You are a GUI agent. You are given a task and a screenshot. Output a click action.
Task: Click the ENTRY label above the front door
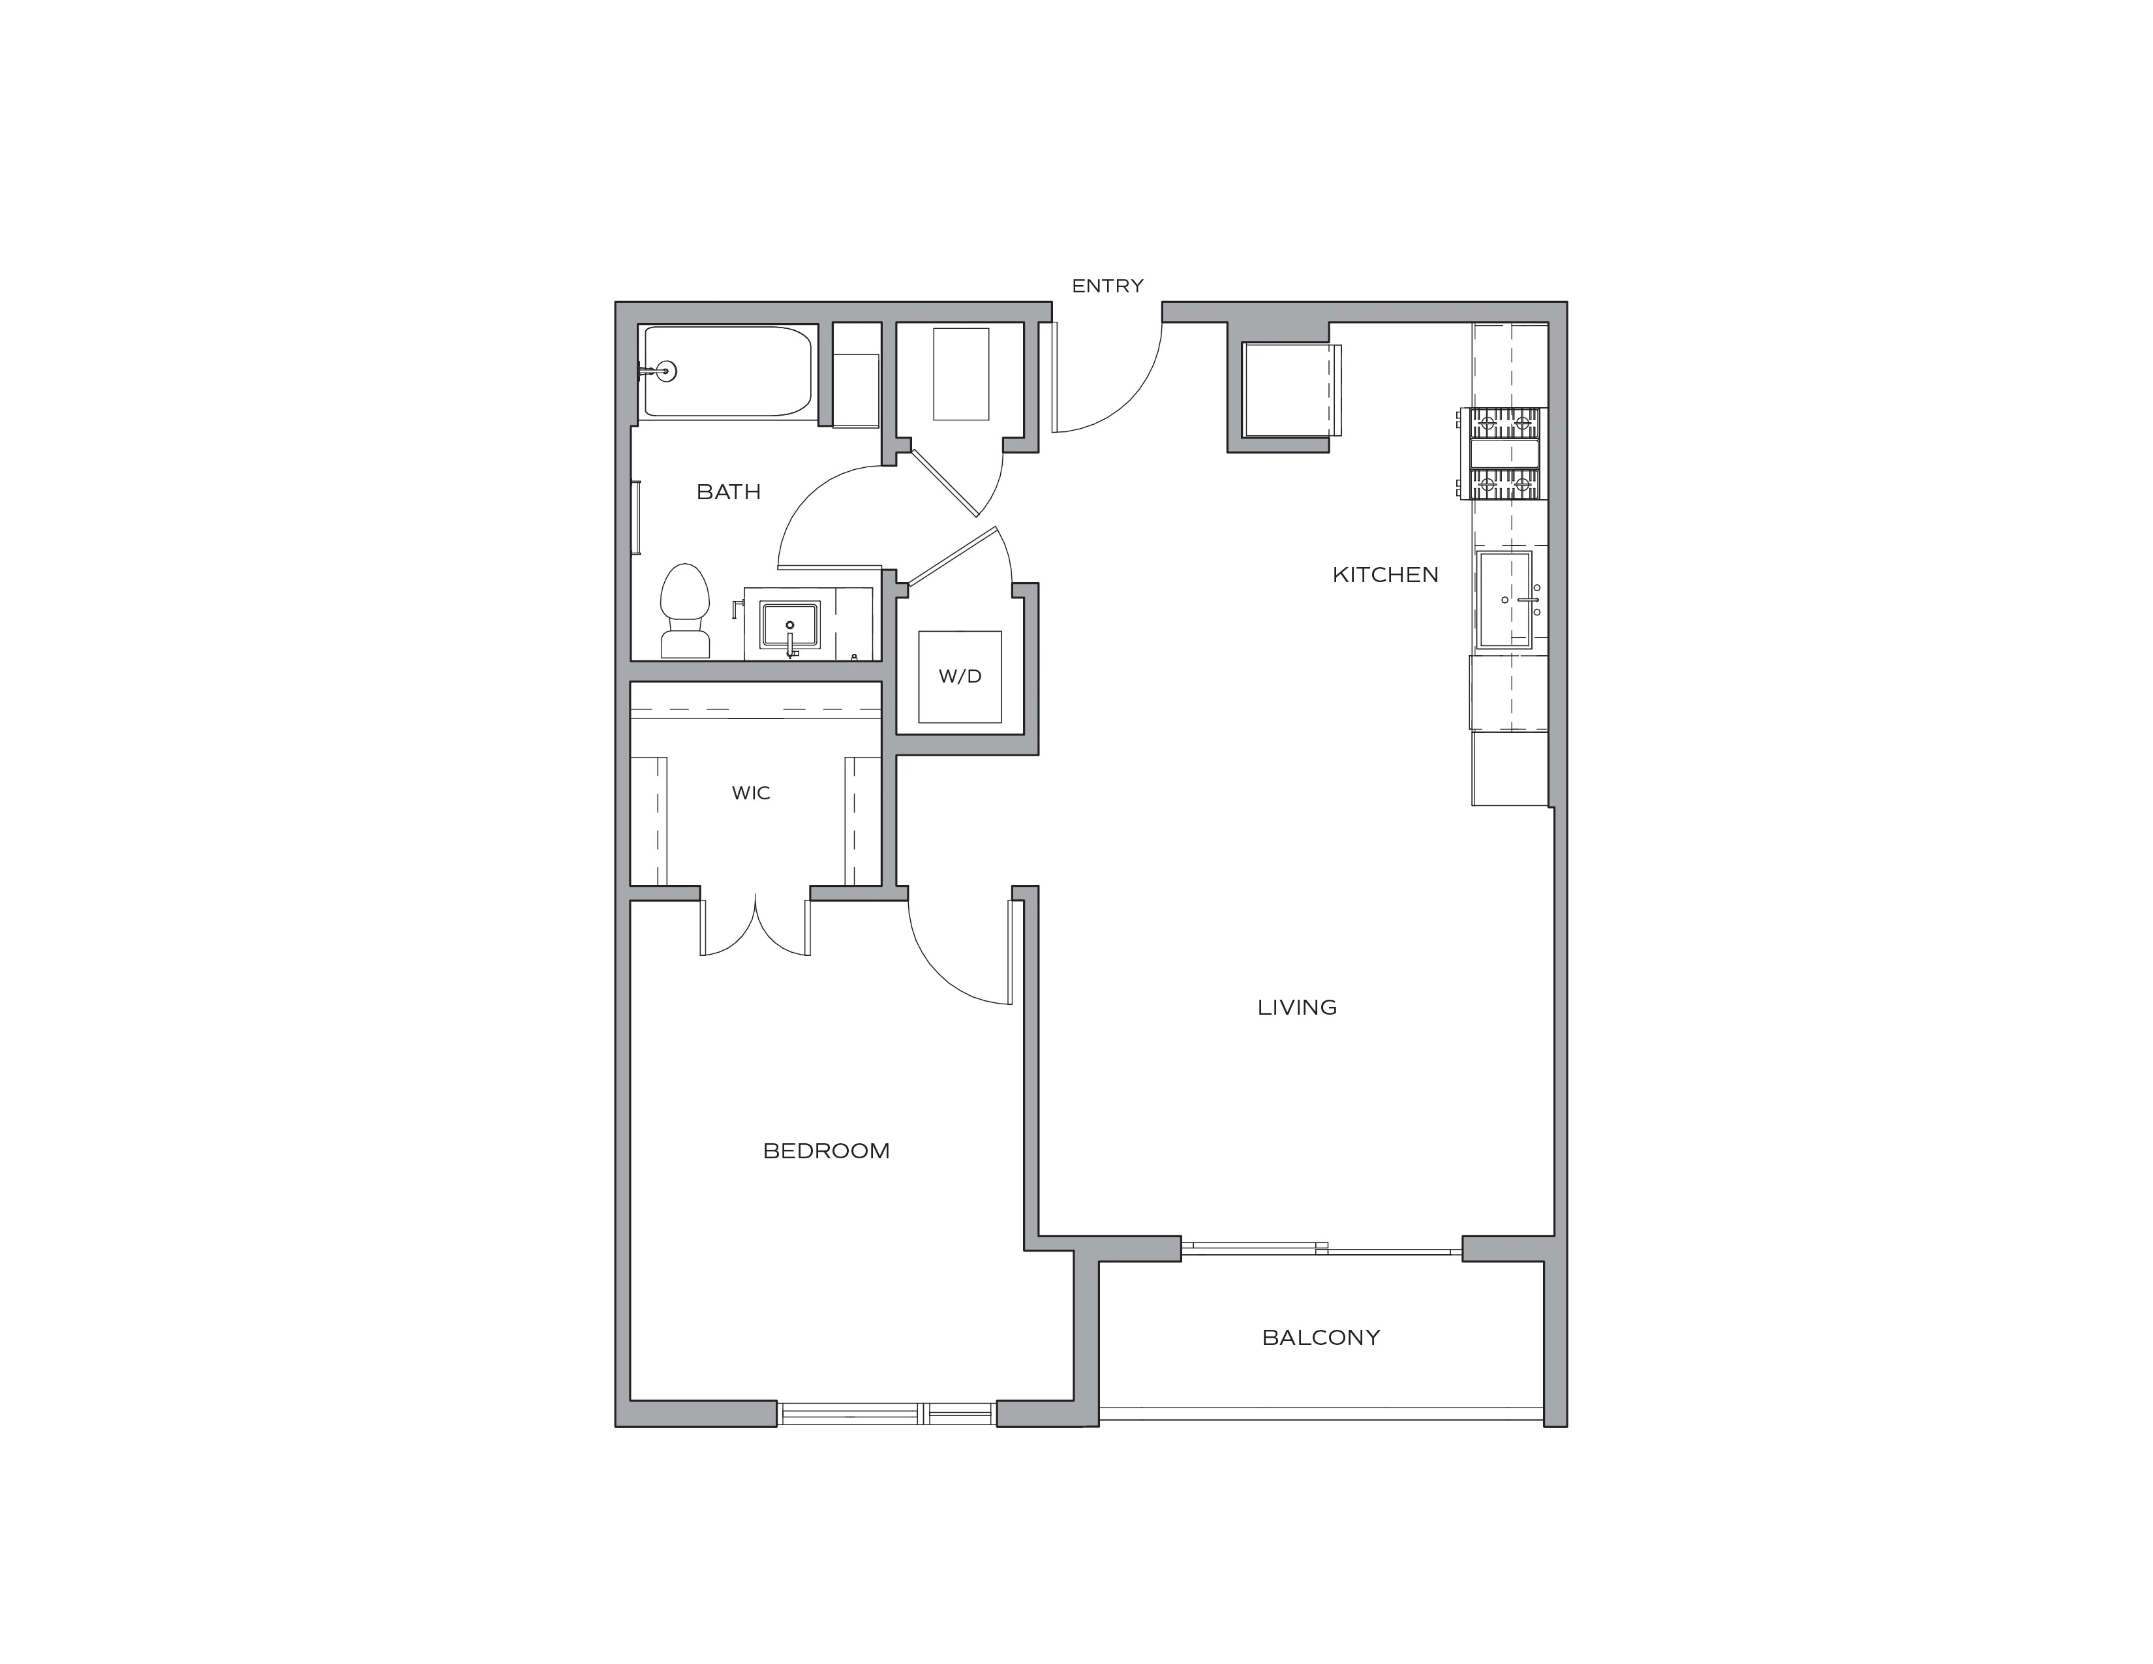[1107, 286]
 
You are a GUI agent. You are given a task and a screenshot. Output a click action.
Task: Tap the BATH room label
[729, 492]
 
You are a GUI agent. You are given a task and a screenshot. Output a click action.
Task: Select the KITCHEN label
[1385, 575]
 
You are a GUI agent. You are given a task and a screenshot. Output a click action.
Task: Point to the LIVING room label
[1297, 1008]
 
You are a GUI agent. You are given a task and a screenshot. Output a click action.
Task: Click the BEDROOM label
[826, 1151]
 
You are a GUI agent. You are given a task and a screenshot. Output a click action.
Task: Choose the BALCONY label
[1321, 1338]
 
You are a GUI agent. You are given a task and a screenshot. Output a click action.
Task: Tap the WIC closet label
[751, 793]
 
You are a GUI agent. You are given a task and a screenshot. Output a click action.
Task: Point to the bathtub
[729, 372]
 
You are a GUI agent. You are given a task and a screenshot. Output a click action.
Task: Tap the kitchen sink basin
[1504, 599]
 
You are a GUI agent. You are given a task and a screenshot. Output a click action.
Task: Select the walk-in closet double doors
[755, 926]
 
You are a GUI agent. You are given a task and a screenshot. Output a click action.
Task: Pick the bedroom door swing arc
[941, 976]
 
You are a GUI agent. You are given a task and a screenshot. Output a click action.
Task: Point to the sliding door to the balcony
[1321, 1248]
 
